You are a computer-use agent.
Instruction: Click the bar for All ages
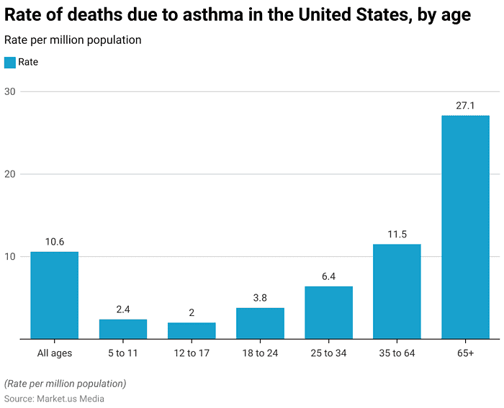[54, 295]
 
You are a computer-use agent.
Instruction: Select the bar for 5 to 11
[122, 329]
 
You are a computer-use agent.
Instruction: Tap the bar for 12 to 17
[192, 330]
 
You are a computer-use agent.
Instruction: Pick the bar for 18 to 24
[260, 323]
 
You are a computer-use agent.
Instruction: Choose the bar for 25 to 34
[328, 312]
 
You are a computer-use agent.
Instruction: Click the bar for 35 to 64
[397, 291]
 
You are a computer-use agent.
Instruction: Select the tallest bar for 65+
[465, 227]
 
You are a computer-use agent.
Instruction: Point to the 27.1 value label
[465, 106]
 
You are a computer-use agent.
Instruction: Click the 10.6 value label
[54, 242]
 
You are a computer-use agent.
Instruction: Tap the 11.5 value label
[397, 235]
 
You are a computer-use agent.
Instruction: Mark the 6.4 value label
[328, 276]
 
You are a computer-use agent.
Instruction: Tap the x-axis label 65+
[465, 353]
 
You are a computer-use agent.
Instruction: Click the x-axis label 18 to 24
[260, 353]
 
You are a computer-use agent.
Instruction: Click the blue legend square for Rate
[9, 63]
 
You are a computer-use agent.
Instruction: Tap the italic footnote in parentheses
[65, 384]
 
